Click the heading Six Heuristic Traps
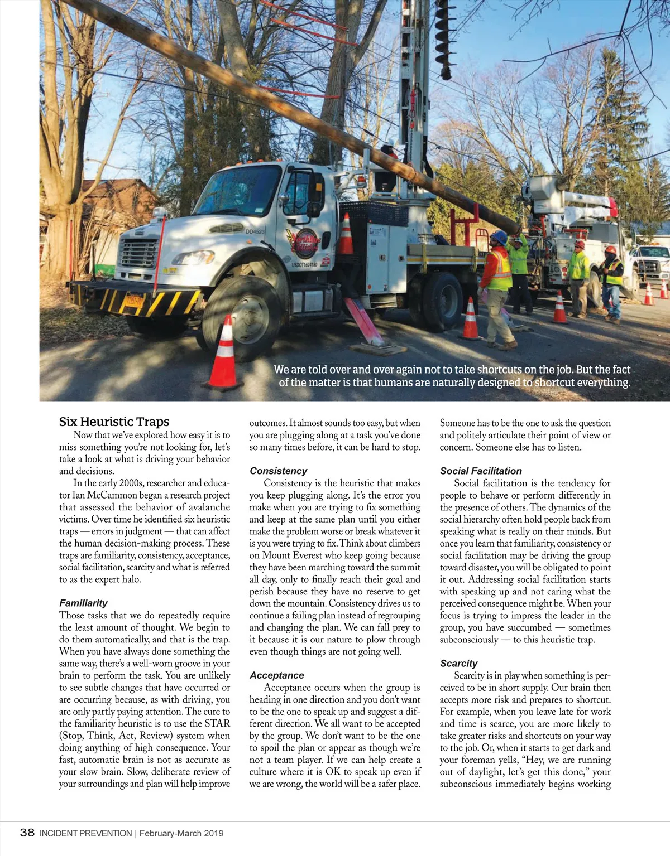pyautogui.click(x=114, y=422)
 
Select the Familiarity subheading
pyautogui.click(x=83, y=603)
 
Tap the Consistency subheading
pyautogui.click(x=278, y=471)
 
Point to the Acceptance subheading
pyautogui.click(x=276, y=675)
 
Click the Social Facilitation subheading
pyautogui.click(x=480, y=471)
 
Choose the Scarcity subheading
pyautogui.click(x=458, y=663)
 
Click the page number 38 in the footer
pyautogui.click(x=27, y=833)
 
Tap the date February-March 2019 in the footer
pyautogui.click(x=181, y=834)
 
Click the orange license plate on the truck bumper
pyautogui.click(x=134, y=302)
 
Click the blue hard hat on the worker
pyautogui.click(x=499, y=238)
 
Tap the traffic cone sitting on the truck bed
pyautogui.click(x=346, y=235)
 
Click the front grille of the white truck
pyautogui.click(x=140, y=254)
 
